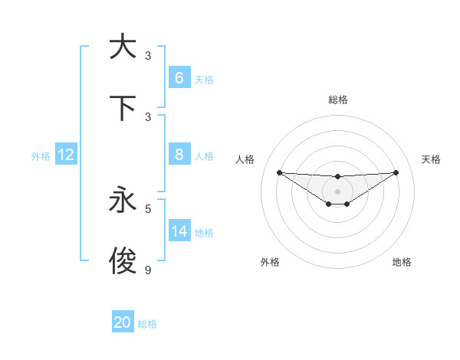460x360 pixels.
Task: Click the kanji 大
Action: [x=123, y=47]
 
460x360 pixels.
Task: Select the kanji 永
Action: [x=123, y=200]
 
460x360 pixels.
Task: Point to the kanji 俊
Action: [x=123, y=261]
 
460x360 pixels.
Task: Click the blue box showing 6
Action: [x=179, y=78]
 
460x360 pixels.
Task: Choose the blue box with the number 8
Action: [x=179, y=155]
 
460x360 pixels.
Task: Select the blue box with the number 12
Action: [x=66, y=155]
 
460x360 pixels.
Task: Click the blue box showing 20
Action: [x=123, y=322]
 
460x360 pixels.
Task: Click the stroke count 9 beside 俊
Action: [x=148, y=270]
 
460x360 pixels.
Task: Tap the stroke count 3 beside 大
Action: [x=148, y=55]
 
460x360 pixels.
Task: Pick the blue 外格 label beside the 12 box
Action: [x=41, y=155]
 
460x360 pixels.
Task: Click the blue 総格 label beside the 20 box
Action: [x=147, y=324]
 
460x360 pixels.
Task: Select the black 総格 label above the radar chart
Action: [x=337, y=100]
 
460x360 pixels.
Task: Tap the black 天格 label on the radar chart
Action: [x=431, y=159]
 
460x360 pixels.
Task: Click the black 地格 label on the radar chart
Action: [x=402, y=262]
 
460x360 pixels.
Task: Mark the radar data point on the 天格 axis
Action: [x=396, y=172]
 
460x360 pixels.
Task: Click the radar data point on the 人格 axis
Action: [x=279, y=172]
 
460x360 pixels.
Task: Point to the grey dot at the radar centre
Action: [x=337, y=191]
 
